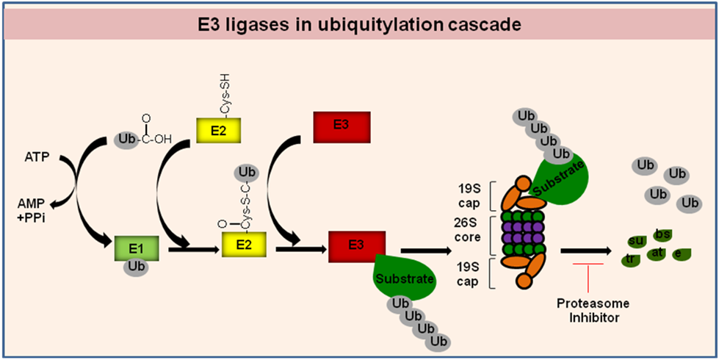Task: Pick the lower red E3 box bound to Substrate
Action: click(x=357, y=245)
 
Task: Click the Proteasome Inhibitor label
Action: click(x=593, y=310)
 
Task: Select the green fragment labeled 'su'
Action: click(x=637, y=240)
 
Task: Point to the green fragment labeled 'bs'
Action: click(x=663, y=234)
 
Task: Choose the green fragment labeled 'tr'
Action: click(x=630, y=259)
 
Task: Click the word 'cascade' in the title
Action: click(x=483, y=25)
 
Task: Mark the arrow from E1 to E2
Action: click(x=193, y=250)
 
